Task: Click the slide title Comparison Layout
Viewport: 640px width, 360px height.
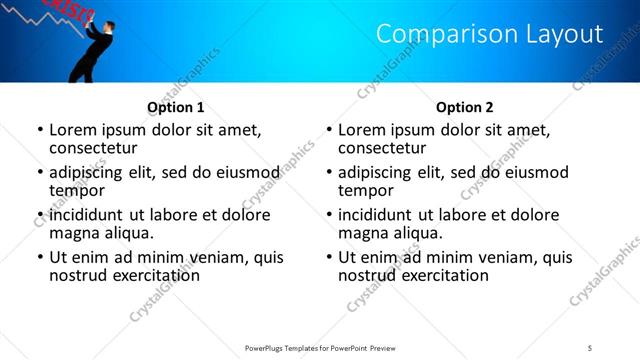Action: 489,34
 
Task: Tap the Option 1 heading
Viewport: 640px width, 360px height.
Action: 175,107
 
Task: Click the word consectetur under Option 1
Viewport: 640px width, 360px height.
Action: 92,148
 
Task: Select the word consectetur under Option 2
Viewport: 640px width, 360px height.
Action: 381,148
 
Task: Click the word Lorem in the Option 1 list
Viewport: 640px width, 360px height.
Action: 73,130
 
